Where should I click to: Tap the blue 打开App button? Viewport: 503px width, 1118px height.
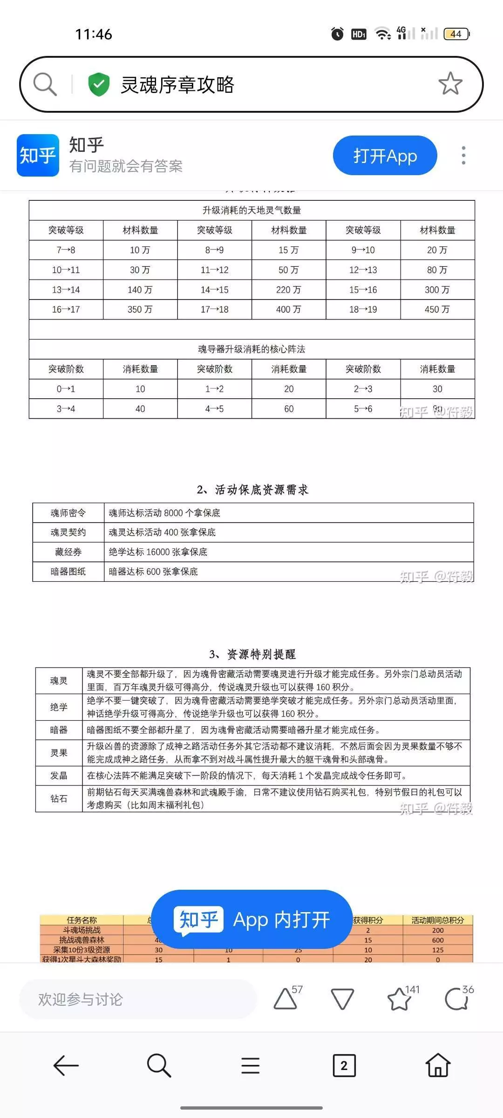tap(385, 156)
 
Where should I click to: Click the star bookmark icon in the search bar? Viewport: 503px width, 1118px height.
tap(450, 84)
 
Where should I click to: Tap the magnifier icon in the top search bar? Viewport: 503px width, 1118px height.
tap(45, 84)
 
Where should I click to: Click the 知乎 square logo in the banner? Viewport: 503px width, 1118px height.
tap(38, 155)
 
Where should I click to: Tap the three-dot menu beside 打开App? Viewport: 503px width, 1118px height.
tap(463, 155)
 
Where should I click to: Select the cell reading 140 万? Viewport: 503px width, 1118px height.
tap(140, 290)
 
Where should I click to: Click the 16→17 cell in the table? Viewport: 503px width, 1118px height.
tap(66, 309)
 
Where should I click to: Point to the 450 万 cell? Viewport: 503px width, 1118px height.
tap(437, 309)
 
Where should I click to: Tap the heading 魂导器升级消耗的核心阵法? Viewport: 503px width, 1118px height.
tap(251, 349)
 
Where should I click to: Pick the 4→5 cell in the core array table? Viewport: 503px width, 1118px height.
tap(214, 409)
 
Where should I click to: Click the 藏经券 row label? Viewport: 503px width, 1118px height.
tap(68, 552)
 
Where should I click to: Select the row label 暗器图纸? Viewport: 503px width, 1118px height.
tap(68, 572)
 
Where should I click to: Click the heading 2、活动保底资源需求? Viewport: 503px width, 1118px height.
tap(252, 490)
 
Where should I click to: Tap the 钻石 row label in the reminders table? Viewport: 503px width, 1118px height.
tap(59, 798)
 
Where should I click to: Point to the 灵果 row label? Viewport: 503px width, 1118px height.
tap(59, 753)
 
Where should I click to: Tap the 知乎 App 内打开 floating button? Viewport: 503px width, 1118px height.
tap(251, 920)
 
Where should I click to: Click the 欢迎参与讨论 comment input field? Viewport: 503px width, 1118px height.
tap(137, 999)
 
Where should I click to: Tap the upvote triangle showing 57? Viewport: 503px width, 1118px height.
tap(285, 999)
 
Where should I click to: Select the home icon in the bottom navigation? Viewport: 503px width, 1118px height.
tap(438, 1065)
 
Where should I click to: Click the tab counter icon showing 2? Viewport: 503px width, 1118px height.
tap(344, 1065)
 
